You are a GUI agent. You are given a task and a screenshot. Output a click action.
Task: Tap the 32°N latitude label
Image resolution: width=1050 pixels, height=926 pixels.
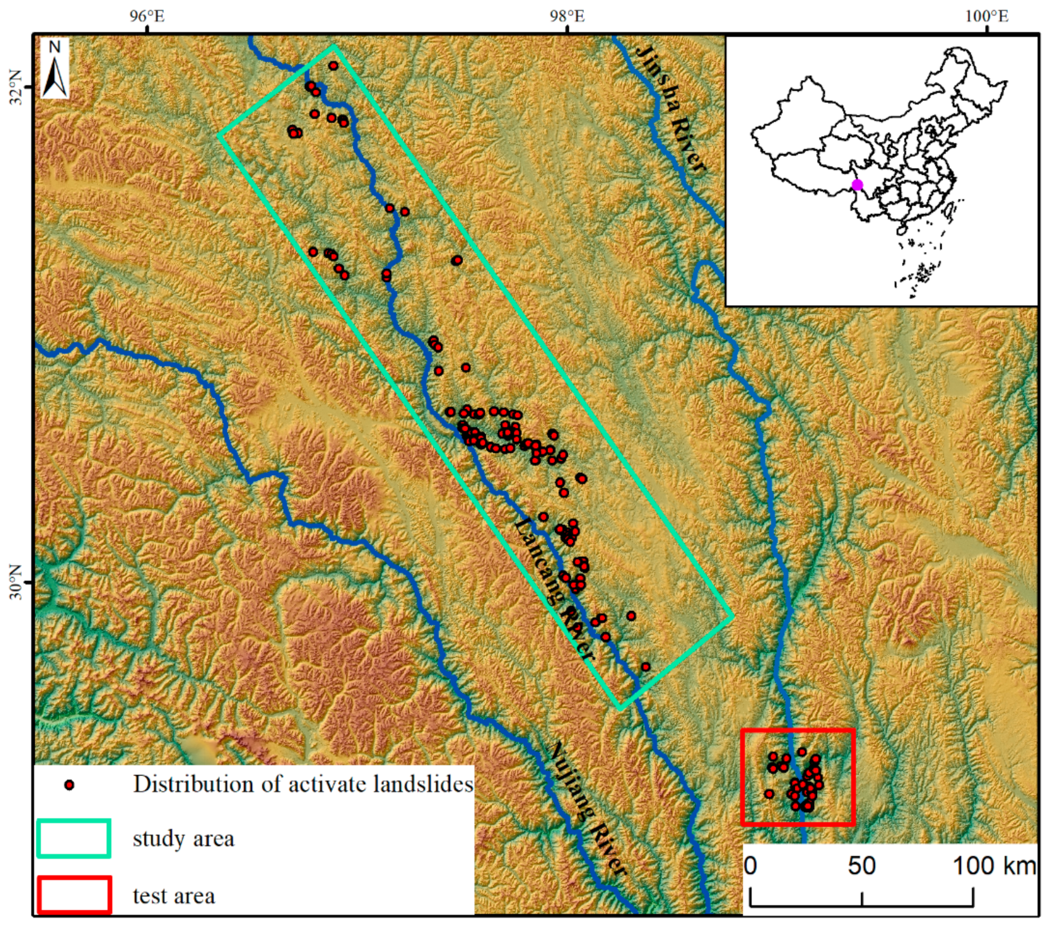tap(16, 87)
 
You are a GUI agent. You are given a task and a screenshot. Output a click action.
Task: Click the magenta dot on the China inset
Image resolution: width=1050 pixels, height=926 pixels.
tap(857, 185)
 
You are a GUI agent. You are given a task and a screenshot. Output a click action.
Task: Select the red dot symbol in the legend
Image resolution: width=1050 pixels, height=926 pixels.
tap(69, 785)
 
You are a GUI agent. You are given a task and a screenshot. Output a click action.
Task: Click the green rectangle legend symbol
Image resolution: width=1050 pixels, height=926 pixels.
tap(74, 839)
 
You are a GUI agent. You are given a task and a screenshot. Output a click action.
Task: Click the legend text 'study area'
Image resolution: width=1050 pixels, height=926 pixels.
tap(183, 839)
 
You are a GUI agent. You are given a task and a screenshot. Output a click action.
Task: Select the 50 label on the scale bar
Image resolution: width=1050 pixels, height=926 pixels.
tap(862, 866)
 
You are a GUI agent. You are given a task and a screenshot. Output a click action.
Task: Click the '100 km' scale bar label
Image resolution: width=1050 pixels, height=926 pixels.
tap(994, 866)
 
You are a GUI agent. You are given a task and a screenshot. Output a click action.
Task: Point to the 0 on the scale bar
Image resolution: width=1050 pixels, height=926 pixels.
tap(751, 866)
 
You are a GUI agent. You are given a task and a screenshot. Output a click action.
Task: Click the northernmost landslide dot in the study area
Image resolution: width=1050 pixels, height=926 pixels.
tap(333, 66)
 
